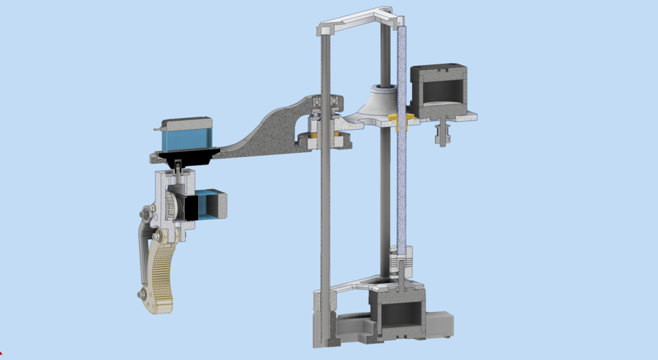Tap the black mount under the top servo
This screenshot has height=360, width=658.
point(188,157)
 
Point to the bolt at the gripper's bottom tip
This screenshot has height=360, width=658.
point(143,294)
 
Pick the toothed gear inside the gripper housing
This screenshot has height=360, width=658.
point(171,205)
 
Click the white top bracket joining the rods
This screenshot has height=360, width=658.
point(356,21)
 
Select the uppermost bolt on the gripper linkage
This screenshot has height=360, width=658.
point(146,211)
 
